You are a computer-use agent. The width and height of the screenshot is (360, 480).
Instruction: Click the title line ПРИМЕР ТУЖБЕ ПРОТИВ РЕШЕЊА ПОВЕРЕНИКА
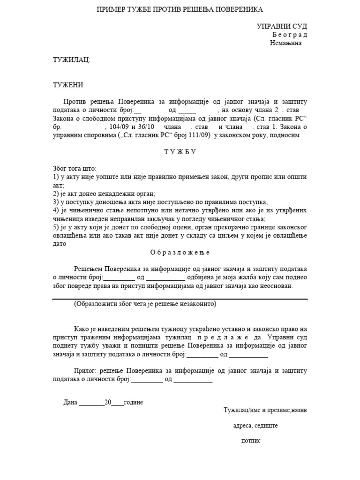180,9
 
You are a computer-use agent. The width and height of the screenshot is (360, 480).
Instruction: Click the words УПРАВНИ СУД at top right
282,26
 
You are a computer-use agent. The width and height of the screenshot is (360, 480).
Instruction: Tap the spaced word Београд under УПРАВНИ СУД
289,35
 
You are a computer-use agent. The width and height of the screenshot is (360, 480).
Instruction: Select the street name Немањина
286,43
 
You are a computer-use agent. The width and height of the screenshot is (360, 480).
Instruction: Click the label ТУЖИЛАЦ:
71,60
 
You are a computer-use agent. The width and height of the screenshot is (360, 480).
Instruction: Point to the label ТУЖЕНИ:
68,85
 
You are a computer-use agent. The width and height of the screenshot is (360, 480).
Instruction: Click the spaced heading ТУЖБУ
180,152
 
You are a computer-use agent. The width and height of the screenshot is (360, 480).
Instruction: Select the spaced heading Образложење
180,252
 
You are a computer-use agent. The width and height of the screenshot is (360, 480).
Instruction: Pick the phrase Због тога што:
75,168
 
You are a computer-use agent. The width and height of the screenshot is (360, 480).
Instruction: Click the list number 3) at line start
55,202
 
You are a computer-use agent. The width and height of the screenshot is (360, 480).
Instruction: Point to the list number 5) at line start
55,227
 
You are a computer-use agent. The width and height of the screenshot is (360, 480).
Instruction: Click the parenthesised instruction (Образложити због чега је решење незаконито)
145,304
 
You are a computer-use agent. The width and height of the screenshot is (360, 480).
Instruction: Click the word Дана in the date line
70,403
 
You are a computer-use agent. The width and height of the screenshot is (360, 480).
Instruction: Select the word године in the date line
134,403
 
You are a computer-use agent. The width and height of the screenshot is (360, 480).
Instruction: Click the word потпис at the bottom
251,441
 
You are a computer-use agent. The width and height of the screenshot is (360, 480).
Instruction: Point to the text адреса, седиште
255,426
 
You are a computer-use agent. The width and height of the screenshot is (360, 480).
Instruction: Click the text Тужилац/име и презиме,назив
265,410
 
